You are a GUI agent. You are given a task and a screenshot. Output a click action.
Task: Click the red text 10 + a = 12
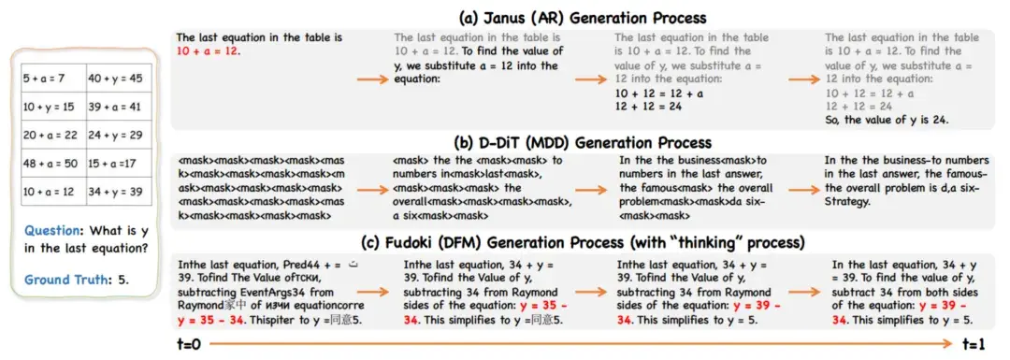(x=207, y=50)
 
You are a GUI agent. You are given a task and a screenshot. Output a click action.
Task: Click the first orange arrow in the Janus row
(x=373, y=80)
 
